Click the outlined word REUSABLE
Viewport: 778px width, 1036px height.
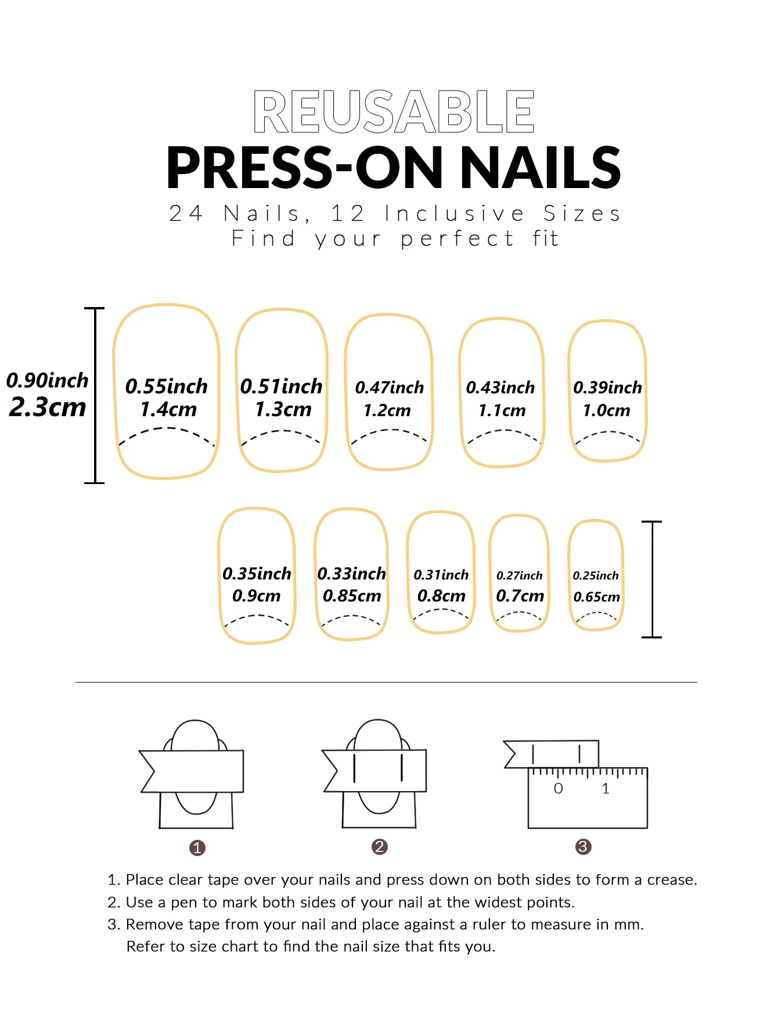point(394,111)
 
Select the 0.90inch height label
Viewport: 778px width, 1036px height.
point(48,381)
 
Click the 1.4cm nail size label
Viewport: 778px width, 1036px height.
point(168,410)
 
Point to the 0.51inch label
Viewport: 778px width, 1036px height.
point(281,387)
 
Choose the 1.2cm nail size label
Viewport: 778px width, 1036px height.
point(387,411)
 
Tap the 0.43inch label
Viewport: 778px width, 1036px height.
point(500,388)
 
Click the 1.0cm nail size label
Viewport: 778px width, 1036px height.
point(607,411)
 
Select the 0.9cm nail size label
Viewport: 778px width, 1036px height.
point(257,596)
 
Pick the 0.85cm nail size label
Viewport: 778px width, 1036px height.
point(352,596)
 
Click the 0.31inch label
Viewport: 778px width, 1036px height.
point(441,575)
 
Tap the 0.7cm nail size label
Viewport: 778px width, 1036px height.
point(520,596)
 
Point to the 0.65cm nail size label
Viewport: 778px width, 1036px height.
point(597,597)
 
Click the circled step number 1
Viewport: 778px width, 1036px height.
point(197,848)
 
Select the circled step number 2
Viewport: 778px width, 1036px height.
point(380,847)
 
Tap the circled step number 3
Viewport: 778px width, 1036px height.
point(583,847)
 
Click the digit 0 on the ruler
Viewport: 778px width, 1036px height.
point(559,789)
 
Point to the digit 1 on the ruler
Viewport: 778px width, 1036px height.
point(606,789)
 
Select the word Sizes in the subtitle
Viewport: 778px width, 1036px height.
point(582,214)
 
